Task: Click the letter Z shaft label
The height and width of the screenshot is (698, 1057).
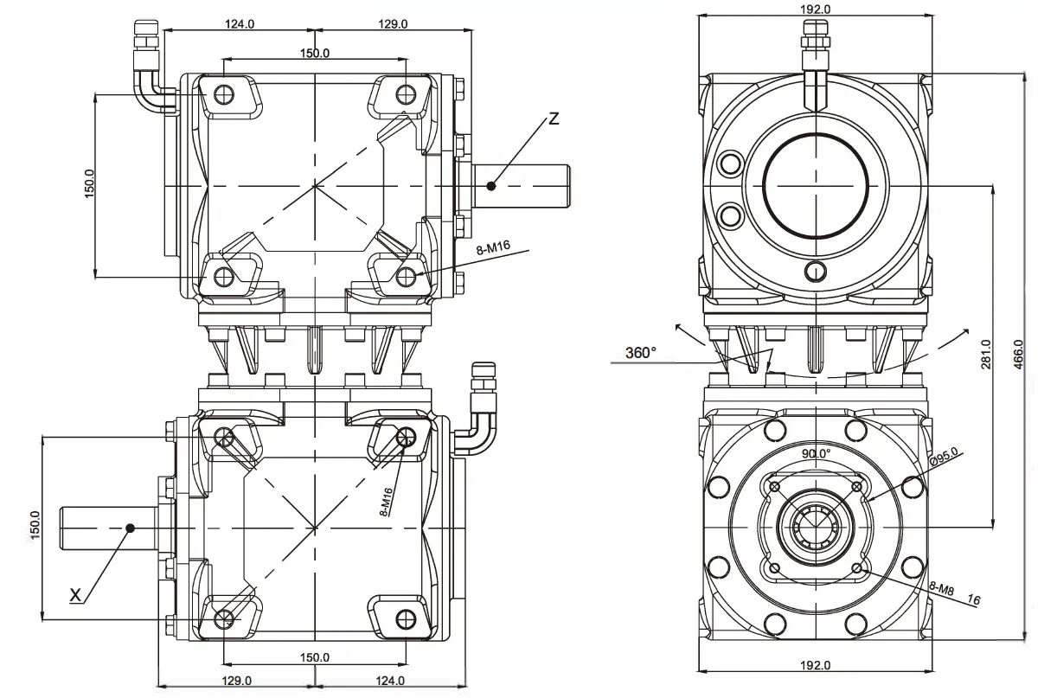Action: pyautogui.click(x=554, y=118)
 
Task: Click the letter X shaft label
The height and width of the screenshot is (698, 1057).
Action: pyautogui.click(x=75, y=594)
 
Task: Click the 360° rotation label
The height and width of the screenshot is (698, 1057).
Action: pyautogui.click(x=642, y=353)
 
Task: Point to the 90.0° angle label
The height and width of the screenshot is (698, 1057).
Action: pyautogui.click(x=816, y=453)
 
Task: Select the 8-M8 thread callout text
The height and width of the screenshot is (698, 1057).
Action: pyautogui.click(x=941, y=588)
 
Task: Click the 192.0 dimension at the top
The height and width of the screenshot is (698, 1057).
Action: pyautogui.click(x=816, y=9)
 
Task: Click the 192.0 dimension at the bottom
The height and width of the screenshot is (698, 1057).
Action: pyautogui.click(x=816, y=664)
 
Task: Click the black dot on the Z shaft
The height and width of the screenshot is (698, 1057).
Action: pyautogui.click(x=491, y=185)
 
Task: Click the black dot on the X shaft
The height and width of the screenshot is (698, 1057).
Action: pyautogui.click(x=129, y=527)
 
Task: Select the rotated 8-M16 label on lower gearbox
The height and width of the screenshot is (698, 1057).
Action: pyautogui.click(x=388, y=502)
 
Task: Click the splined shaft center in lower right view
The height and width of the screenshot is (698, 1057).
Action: pyautogui.click(x=816, y=527)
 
